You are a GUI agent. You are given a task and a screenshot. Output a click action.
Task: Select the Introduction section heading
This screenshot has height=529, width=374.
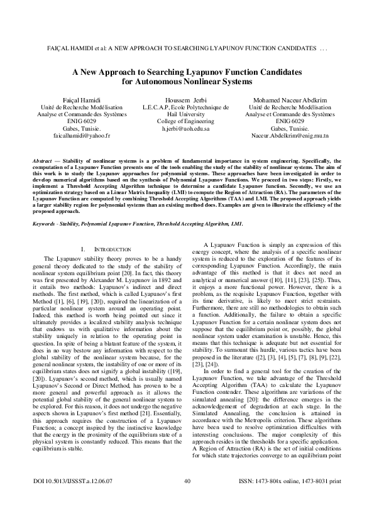[x=107, y=232]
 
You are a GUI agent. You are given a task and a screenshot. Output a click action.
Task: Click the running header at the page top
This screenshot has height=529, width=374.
[x=187, y=48]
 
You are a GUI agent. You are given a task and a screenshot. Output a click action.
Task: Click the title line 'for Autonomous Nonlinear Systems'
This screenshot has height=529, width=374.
[x=187, y=82]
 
